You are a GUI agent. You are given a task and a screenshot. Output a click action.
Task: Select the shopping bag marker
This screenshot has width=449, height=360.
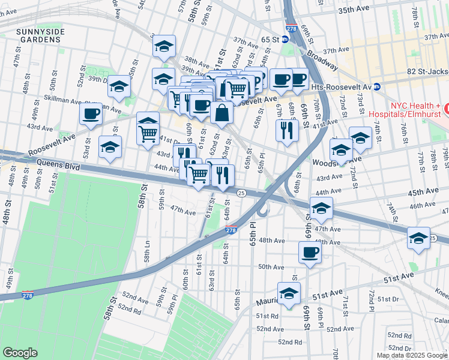pyautogui.click(x=221, y=112)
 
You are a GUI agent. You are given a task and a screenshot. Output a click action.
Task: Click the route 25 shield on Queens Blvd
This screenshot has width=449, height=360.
pyautogui.click(x=241, y=193)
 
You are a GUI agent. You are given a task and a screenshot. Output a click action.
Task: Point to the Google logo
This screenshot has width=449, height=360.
pyautogui.click(x=20, y=352)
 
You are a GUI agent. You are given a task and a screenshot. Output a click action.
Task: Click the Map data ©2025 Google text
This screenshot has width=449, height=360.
pyautogui.click(x=412, y=355)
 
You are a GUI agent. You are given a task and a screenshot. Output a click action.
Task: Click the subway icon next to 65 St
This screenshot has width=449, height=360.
pyautogui.click(x=285, y=39)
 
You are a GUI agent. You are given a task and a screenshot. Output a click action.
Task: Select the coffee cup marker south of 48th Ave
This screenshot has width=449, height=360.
pyautogui.click(x=310, y=253)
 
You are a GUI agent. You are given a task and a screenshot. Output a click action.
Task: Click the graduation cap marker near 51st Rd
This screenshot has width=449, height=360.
pyautogui.click(x=289, y=294)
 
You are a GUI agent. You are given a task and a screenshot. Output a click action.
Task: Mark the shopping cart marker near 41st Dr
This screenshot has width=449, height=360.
pyautogui.click(x=148, y=133)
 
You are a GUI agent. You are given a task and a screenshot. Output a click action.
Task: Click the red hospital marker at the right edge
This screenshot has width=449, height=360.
pyautogui.click(x=447, y=110)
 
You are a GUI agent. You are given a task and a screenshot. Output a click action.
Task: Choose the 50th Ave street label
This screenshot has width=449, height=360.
pyautogui.click(x=270, y=266)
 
